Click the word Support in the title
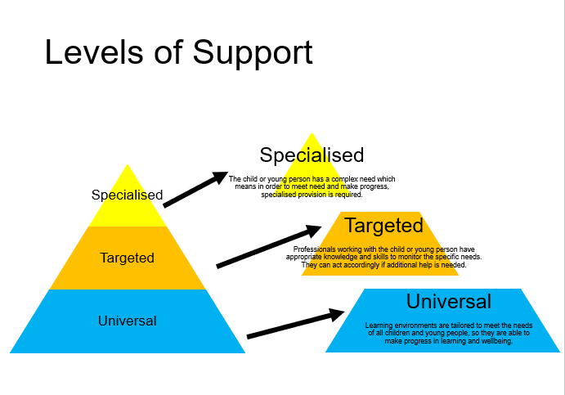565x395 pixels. point(253,52)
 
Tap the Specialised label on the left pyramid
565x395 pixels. point(127,195)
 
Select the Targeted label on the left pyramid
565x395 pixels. point(127,258)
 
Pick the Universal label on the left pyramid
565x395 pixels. point(127,321)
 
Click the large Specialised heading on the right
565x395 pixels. point(312,155)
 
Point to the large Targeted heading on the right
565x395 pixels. point(383,226)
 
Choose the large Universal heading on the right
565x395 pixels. point(448,301)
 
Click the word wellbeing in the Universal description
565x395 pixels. point(493,341)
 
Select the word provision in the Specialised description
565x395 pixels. point(319,194)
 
